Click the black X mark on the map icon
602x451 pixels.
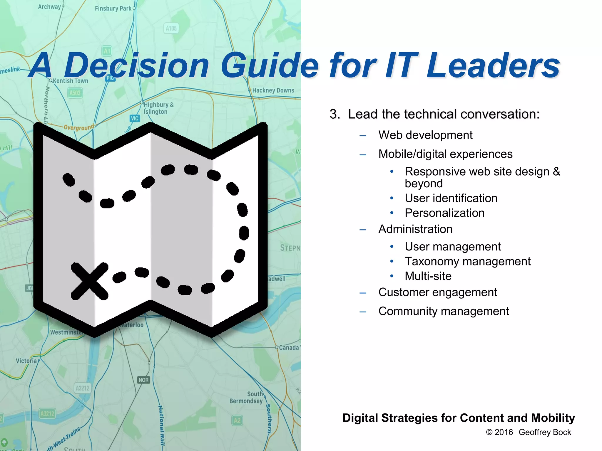click(x=89, y=281)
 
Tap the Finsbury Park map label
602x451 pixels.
click(x=113, y=8)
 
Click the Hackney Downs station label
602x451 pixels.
click(x=273, y=90)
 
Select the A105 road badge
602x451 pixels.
click(x=171, y=28)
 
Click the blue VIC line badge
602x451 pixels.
click(x=135, y=118)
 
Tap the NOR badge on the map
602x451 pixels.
click(x=143, y=380)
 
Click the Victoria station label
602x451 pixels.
click(x=26, y=361)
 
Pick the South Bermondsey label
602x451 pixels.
click(x=246, y=398)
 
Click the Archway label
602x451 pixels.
click(x=49, y=6)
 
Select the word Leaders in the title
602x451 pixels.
click(x=493, y=66)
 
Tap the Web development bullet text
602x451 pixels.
click(x=425, y=135)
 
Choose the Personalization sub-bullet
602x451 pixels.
click(x=444, y=213)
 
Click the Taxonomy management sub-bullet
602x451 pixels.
click(x=467, y=261)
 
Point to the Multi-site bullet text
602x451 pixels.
click(x=428, y=276)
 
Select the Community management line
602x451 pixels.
click(x=444, y=311)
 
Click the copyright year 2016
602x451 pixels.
click(x=504, y=432)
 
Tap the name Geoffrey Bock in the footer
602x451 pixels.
click(x=545, y=432)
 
